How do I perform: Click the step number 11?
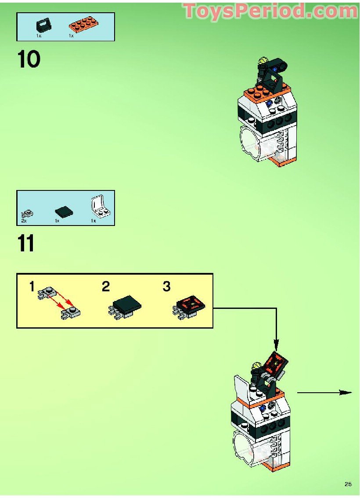click(x=26, y=244)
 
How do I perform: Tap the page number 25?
click(x=348, y=484)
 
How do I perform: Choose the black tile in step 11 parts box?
click(x=64, y=212)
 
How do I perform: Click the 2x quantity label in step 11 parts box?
click(x=23, y=221)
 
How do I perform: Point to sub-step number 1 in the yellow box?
click(x=32, y=287)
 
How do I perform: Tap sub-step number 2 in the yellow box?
click(x=106, y=287)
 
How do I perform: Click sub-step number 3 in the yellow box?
click(x=166, y=287)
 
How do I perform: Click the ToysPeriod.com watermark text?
click(x=270, y=11)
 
